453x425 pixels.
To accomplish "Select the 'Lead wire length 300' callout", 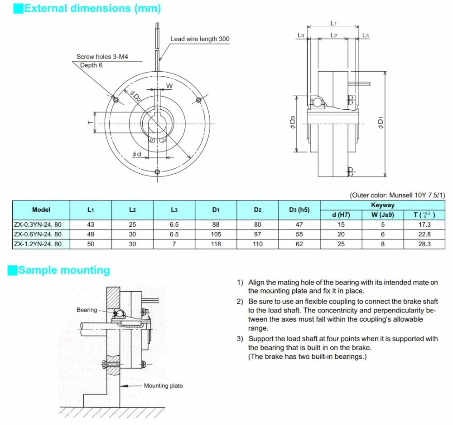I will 200,39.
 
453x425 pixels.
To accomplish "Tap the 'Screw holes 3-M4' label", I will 102,57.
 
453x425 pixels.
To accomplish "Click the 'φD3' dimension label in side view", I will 293,123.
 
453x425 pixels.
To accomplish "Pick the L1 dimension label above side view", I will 333,23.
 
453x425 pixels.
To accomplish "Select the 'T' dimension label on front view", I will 90,122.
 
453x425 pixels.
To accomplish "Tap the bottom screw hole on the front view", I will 157,171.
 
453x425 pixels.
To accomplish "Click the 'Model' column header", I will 41,210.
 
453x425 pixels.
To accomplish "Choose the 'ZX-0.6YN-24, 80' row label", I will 38,234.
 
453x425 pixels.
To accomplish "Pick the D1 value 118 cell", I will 216,244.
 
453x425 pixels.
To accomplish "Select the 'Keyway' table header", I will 383,205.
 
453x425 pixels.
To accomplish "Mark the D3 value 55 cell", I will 299,234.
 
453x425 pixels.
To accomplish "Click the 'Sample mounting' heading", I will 64,270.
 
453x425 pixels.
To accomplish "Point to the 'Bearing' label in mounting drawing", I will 87,310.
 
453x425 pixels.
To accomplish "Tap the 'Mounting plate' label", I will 163,386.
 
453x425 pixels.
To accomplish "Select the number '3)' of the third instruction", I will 241,339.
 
